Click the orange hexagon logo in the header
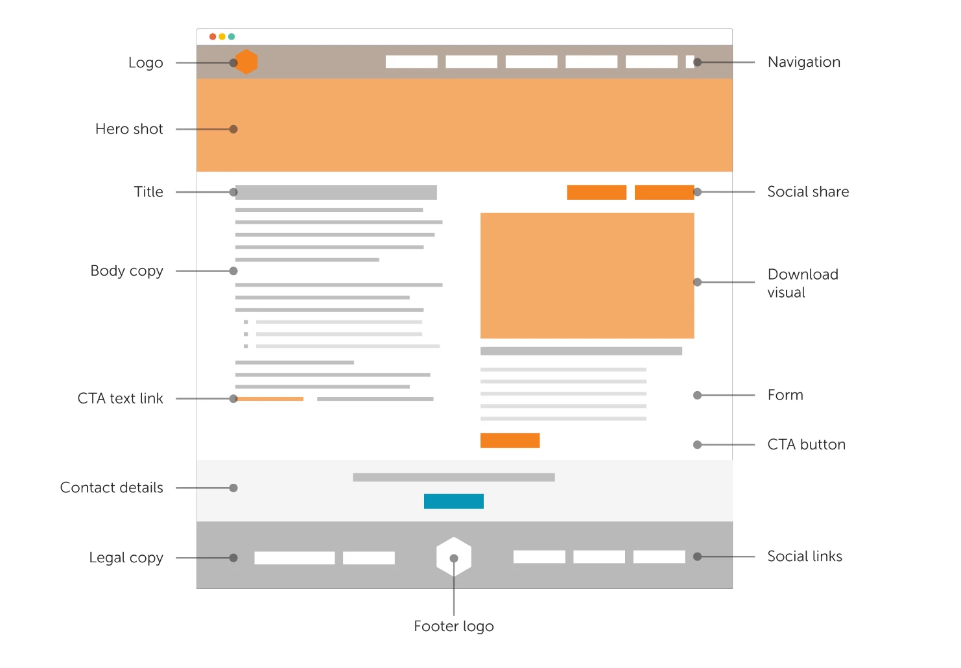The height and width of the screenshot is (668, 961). [247, 62]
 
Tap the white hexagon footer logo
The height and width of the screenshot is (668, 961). [454, 556]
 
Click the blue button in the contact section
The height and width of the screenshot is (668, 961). [454, 501]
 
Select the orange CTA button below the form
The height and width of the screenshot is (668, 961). [510, 440]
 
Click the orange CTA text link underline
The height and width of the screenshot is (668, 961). [270, 399]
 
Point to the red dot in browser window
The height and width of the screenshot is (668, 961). [213, 37]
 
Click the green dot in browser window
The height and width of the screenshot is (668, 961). [231, 37]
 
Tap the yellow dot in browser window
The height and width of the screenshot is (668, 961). [222, 37]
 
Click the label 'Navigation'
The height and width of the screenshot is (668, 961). [803, 62]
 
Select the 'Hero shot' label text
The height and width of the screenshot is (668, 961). [129, 129]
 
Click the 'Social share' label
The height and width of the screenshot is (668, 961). [808, 192]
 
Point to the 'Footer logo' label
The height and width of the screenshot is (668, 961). [454, 626]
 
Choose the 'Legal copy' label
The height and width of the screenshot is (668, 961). [126, 558]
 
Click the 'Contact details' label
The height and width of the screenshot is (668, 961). [112, 488]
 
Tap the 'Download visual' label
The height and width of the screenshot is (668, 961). [803, 283]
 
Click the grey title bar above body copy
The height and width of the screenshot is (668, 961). [336, 193]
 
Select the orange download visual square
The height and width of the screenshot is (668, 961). [587, 276]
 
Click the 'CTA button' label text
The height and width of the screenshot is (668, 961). [806, 445]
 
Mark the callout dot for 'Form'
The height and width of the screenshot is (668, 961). [698, 395]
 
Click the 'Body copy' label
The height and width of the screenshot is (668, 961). [126, 271]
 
